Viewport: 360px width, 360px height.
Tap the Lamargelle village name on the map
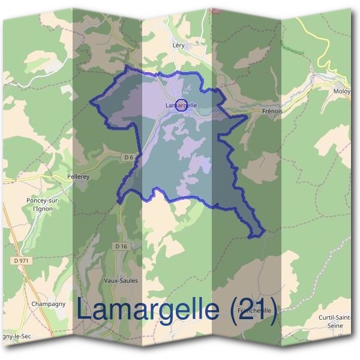click(x=181, y=106)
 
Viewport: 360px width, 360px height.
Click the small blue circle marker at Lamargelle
click(x=182, y=104)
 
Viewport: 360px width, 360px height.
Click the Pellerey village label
click(x=78, y=178)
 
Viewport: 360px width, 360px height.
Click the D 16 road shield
click(x=122, y=246)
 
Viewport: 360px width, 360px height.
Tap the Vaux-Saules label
click(x=121, y=280)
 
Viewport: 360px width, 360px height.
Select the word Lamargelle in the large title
click(x=148, y=310)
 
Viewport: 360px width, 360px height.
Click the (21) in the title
click(x=254, y=310)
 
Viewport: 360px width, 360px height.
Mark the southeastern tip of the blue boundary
click(x=263, y=232)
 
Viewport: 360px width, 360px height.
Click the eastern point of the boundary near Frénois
click(x=246, y=116)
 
